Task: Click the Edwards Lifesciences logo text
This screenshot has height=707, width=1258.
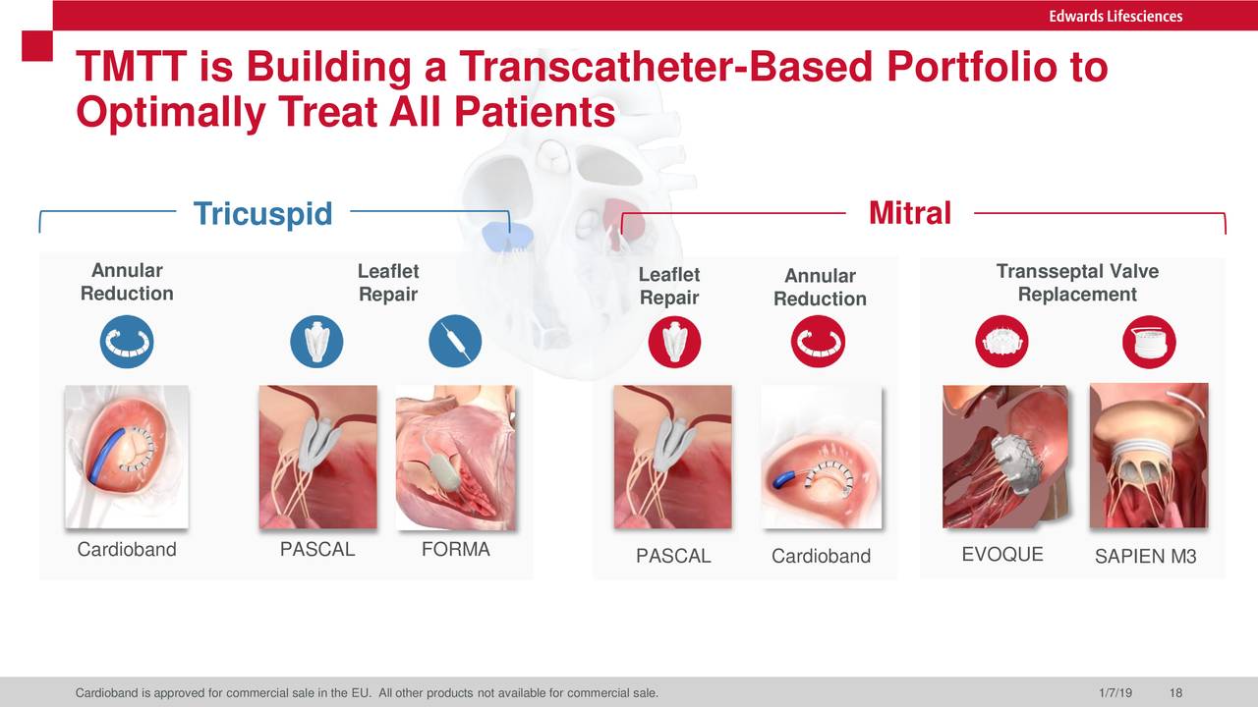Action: [1115, 16]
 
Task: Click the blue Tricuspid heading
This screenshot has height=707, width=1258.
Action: [262, 213]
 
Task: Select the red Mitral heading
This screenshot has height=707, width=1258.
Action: [910, 213]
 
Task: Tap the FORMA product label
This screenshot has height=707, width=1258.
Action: [455, 549]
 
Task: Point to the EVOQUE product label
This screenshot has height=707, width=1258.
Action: [1002, 555]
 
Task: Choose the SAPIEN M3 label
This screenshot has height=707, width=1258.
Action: [1146, 556]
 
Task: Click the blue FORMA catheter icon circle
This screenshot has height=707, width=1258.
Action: [455, 341]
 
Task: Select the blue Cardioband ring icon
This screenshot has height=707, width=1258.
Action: [127, 341]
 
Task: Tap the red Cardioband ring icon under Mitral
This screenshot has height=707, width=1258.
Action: [819, 341]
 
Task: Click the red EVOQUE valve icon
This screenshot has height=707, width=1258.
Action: [1001, 341]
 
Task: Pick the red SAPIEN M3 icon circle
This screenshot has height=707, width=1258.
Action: [1149, 342]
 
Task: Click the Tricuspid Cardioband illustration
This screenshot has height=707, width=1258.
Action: [127, 457]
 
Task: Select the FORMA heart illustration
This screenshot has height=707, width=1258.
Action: [455, 458]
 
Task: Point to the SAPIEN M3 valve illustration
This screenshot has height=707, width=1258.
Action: [1149, 456]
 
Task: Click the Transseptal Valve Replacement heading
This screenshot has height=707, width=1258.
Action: [1077, 283]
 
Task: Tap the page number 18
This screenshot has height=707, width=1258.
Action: [1176, 693]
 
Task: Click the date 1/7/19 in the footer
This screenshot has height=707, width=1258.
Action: [1115, 693]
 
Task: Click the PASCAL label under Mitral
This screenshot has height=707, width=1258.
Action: [673, 556]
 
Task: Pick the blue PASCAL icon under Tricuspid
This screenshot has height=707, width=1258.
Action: [316, 341]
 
